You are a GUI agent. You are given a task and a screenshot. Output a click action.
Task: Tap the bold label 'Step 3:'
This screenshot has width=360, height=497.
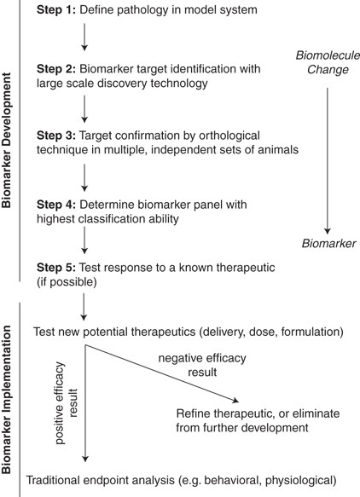56,135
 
